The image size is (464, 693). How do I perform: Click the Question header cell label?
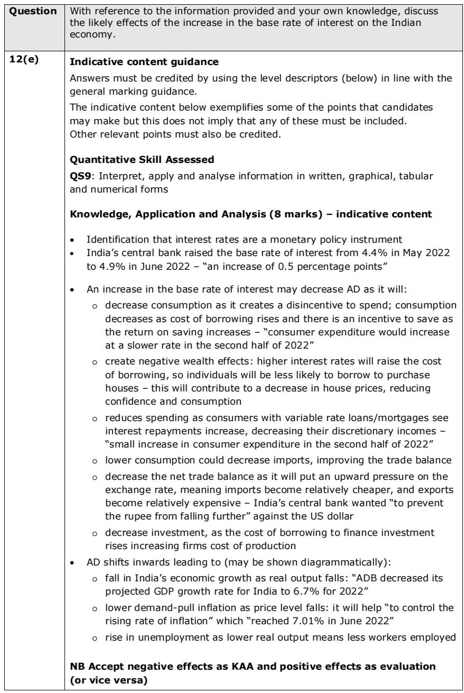click(33, 11)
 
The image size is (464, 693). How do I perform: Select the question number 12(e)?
click(24, 59)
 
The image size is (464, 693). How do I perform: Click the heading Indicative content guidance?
click(144, 62)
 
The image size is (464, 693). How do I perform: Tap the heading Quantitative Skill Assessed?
click(142, 159)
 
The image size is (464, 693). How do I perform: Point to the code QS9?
click(80, 176)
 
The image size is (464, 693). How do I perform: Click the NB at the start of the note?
click(77, 666)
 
